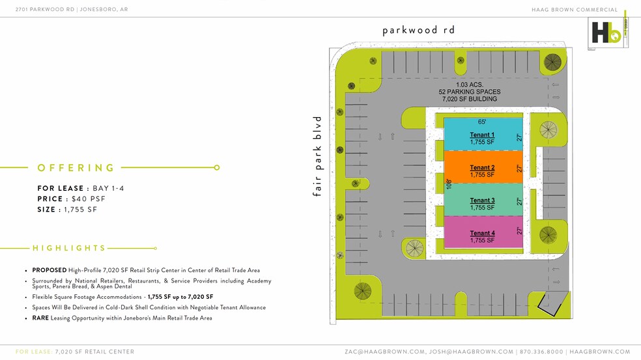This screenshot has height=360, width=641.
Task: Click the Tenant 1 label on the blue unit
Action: coord(482,135)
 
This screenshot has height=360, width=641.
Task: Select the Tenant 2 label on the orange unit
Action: coord(482,168)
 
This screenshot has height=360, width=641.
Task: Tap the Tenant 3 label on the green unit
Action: coord(482,201)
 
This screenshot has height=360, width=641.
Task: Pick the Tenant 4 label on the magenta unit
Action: coord(482,233)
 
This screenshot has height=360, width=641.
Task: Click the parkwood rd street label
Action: coord(418,30)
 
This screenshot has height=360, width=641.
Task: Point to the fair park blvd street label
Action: coord(318,156)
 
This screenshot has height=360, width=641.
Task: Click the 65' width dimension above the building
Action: coord(482,122)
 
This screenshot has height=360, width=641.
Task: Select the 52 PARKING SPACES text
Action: coord(468,92)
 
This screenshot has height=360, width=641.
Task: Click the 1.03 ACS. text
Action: coord(468,85)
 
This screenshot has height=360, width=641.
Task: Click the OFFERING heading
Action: coord(76,168)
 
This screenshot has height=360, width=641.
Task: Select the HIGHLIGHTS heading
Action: coord(69,248)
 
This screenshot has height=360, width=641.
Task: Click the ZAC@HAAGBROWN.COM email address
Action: coord(384,352)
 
